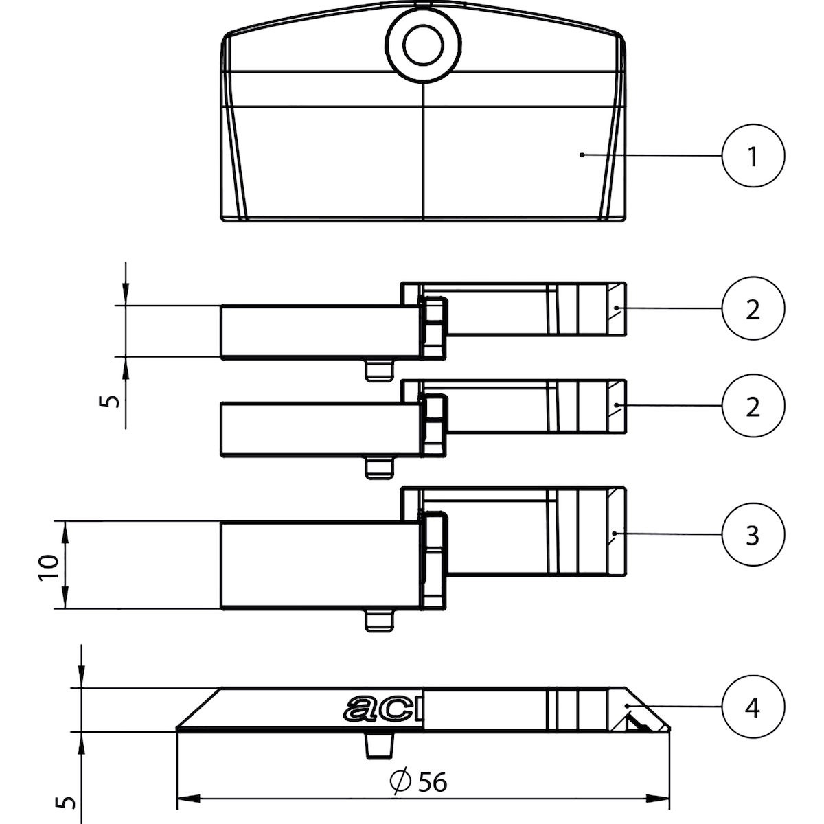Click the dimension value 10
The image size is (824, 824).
click(x=48, y=566)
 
